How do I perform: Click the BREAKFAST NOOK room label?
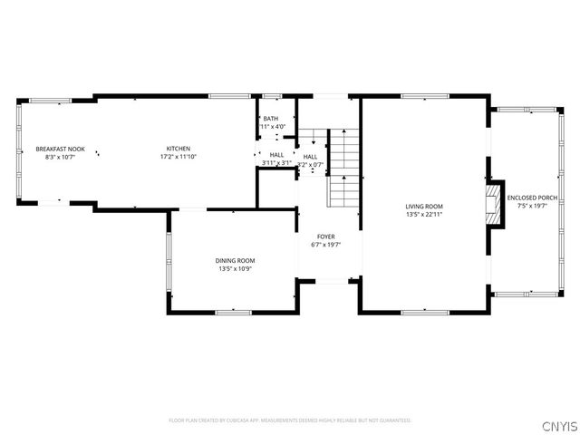[x=60, y=149]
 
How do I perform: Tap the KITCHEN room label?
[x=178, y=149]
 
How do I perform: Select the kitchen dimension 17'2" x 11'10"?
[x=178, y=157]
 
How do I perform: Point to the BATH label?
[x=270, y=119]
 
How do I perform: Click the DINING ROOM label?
[x=234, y=261]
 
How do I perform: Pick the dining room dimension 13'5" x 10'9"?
[x=234, y=269]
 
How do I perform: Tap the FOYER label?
[x=325, y=237]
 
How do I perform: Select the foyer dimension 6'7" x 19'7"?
[x=325, y=245]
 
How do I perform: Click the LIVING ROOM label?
[x=424, y=207]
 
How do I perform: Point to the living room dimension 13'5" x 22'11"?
[x=424, y=215]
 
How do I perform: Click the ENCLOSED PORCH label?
[x=532, y=198]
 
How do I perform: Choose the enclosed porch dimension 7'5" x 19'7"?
[x=532, y=206]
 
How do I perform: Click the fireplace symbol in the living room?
[x=492, y=204]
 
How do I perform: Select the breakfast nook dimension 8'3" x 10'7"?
[x=60, y=157]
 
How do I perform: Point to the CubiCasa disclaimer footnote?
[x=290, y=420]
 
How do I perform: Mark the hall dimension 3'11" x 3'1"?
[x=275, y=163]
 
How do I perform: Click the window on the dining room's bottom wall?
[x=233, y=312]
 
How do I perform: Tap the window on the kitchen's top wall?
[x=223, y=96]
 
